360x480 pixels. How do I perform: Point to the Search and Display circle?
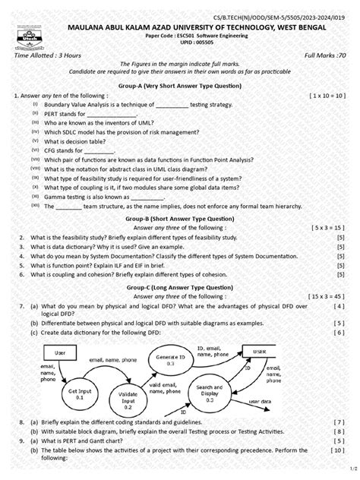click(208, 390)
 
